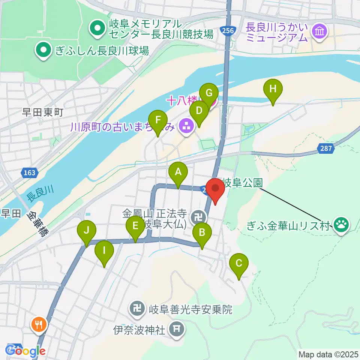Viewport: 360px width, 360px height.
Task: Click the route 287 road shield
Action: pos(326,148)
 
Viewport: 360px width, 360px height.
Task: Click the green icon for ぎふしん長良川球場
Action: pos(43,50)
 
